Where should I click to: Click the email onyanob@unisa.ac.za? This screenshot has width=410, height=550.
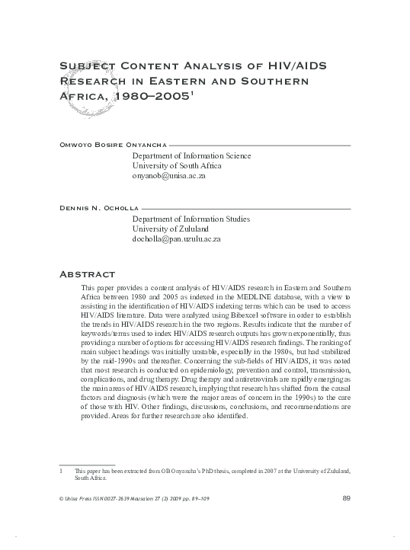(169, 175)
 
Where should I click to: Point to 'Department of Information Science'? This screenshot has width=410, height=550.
(191, 155)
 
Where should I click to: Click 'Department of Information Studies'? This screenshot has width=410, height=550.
(191, 219)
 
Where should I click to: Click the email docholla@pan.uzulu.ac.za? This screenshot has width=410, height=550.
(177, 239)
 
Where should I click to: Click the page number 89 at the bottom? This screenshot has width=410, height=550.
(347, 498)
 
